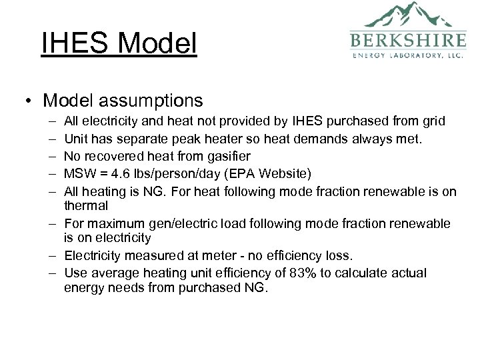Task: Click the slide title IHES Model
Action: coord(119,45)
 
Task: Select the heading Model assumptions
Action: coord(123,101)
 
